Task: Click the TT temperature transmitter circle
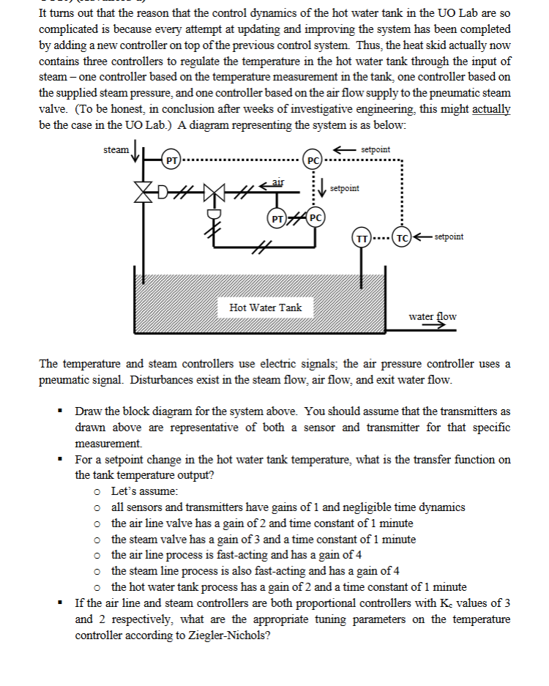[x=361, y=239]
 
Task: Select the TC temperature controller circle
[x=401, y=239]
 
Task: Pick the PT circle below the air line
[x=278, y=217]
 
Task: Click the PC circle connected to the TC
[x=313, y=159]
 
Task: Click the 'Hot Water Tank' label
[x=265, y=307]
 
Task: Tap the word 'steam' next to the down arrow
[x=116, y=150]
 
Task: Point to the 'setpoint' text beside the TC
[x=448, y=237]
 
